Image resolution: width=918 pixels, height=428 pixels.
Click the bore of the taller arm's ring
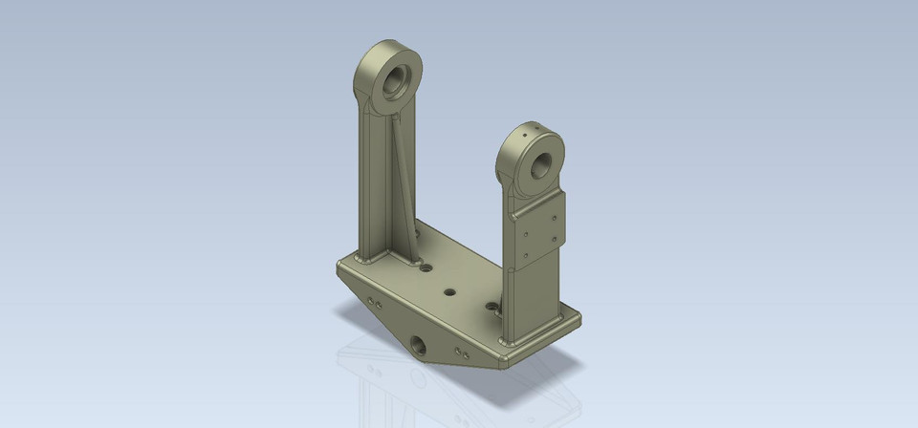pyautogui.click(x=397, y=83)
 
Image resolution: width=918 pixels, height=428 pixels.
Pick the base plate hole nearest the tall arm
pyautogui.click(x=426, y=270)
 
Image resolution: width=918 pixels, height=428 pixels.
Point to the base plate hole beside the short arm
pyautogui.click(x=492, y=307)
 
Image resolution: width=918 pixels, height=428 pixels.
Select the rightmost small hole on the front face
pyautogui.click(x=467, y=354)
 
